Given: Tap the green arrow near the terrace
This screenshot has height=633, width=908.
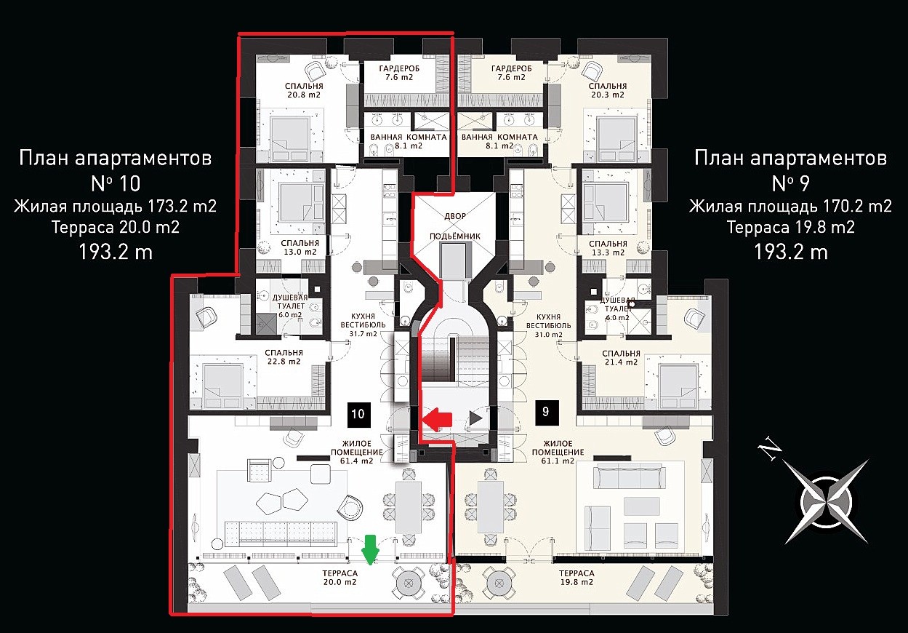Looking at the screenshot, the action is tap(371, 550).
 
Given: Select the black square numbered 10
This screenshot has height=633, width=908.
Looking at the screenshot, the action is tap(358, 414).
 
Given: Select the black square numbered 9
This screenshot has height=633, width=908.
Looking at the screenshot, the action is tap(547, 413).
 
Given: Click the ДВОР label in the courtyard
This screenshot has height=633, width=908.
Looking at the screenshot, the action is tap(455, 216).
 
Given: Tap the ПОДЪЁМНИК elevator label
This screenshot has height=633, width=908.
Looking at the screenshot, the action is tap(455, 236).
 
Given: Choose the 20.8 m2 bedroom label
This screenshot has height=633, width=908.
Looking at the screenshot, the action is tap(304, 90).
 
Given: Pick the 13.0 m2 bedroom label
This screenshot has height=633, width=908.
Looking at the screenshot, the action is tap(300, 247).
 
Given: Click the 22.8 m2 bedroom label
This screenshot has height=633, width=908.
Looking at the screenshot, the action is tap(284, 357).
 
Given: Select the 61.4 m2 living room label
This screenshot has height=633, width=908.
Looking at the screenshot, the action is tap(357, 452).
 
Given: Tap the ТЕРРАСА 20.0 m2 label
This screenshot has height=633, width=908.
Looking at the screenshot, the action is tap(340, 578).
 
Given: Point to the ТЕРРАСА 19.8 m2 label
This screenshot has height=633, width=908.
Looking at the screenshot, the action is tap(576, 578).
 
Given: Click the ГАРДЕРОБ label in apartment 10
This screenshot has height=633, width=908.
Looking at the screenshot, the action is tap(399, 68).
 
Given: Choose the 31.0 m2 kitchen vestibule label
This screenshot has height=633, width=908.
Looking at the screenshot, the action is tap(548, 325).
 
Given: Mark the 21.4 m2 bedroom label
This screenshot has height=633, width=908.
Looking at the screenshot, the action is tap(621, 358).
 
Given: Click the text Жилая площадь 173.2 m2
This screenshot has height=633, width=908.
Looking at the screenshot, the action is tap(116, 206).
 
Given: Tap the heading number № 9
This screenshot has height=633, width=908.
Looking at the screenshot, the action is tap(790, 183).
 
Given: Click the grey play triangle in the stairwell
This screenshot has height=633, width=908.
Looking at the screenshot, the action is tap(476, 418).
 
